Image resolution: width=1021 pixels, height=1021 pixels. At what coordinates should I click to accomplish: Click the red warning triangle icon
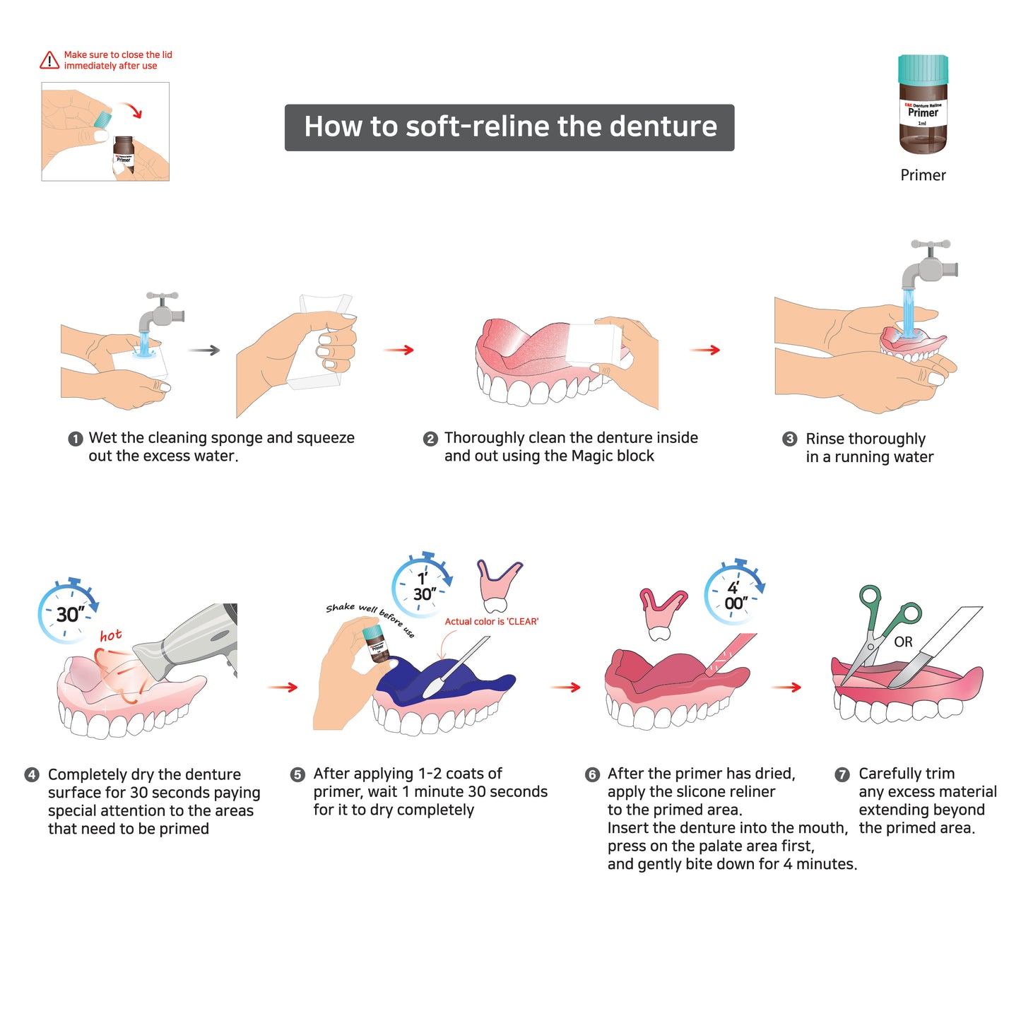click(49, 60)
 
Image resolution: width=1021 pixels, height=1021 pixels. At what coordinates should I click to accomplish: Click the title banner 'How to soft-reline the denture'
click(509, 128)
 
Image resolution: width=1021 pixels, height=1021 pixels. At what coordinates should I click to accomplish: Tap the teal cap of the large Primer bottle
click(923, 69)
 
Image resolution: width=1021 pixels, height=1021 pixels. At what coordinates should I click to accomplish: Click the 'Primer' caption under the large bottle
click(923, 175)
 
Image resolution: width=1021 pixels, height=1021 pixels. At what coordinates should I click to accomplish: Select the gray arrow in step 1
click(204, 350)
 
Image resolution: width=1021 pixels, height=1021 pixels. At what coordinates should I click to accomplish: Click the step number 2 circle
click(430, 439)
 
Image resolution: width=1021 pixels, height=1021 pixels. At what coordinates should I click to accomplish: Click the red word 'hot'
click(111, 635)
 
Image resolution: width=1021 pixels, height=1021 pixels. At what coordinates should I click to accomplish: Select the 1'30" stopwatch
click(422, 585)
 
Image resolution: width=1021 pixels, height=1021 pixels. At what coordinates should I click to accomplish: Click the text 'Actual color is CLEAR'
click(492, 622)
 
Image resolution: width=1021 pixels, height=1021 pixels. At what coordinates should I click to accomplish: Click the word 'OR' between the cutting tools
click(904, 642)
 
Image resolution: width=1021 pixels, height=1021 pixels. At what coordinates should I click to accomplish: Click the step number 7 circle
click(842, 774)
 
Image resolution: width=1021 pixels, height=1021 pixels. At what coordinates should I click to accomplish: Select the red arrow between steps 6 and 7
click(786, 687)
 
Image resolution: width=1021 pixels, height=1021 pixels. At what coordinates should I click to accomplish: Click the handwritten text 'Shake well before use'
click(370, 618)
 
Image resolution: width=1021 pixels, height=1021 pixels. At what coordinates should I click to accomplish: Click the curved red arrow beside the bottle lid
click(131, 110)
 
